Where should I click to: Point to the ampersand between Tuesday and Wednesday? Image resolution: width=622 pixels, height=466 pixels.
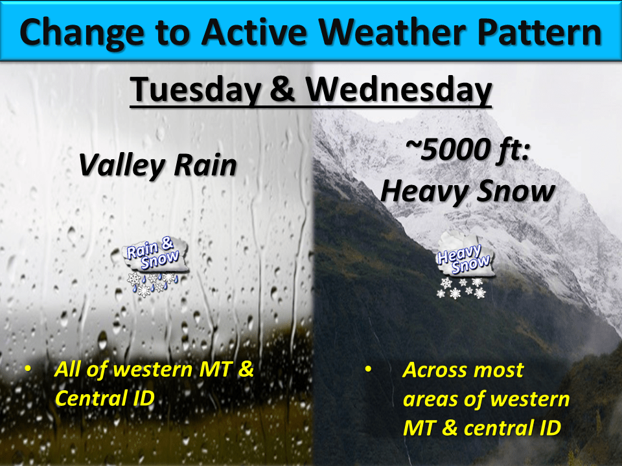[281, 91]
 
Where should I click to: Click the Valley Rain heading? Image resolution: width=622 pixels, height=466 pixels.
[157, 166]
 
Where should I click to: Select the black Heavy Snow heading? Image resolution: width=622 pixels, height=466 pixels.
[466, 192]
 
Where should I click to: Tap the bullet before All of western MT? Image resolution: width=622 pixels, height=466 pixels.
[27, 370]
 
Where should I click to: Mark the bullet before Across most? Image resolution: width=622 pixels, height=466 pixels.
[368, 370]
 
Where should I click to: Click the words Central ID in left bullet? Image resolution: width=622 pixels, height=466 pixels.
[105, 397]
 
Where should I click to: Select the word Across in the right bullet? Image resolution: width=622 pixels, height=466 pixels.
[435, 370]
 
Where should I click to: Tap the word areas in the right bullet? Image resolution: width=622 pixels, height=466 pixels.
[432, 399]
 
